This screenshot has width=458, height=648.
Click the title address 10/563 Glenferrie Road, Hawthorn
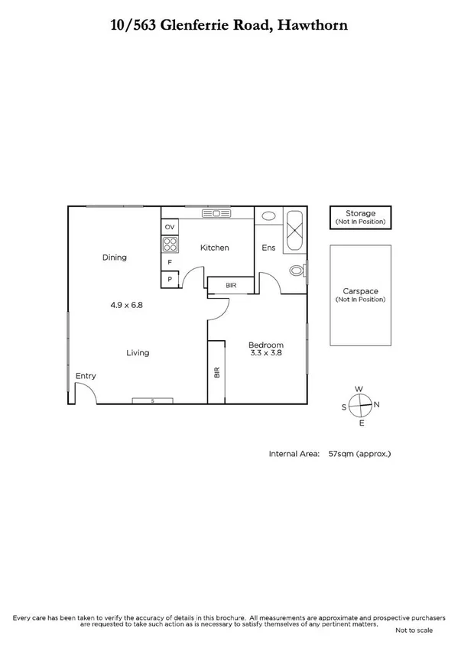229,25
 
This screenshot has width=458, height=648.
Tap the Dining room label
115,258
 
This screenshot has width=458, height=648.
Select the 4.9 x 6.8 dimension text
127,304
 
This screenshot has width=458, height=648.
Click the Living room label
138,353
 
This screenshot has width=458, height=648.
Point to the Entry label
86,375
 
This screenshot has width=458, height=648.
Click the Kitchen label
215,248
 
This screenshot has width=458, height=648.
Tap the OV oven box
170,227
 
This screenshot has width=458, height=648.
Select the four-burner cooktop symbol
170,245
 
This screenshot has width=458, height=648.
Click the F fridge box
169,263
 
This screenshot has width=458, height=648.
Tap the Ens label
268,248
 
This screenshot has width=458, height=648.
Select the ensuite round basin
268,216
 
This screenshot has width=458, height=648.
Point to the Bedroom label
267,345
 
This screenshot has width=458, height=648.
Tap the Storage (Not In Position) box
360,217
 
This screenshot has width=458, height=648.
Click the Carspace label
359,291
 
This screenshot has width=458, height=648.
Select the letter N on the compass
376,404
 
